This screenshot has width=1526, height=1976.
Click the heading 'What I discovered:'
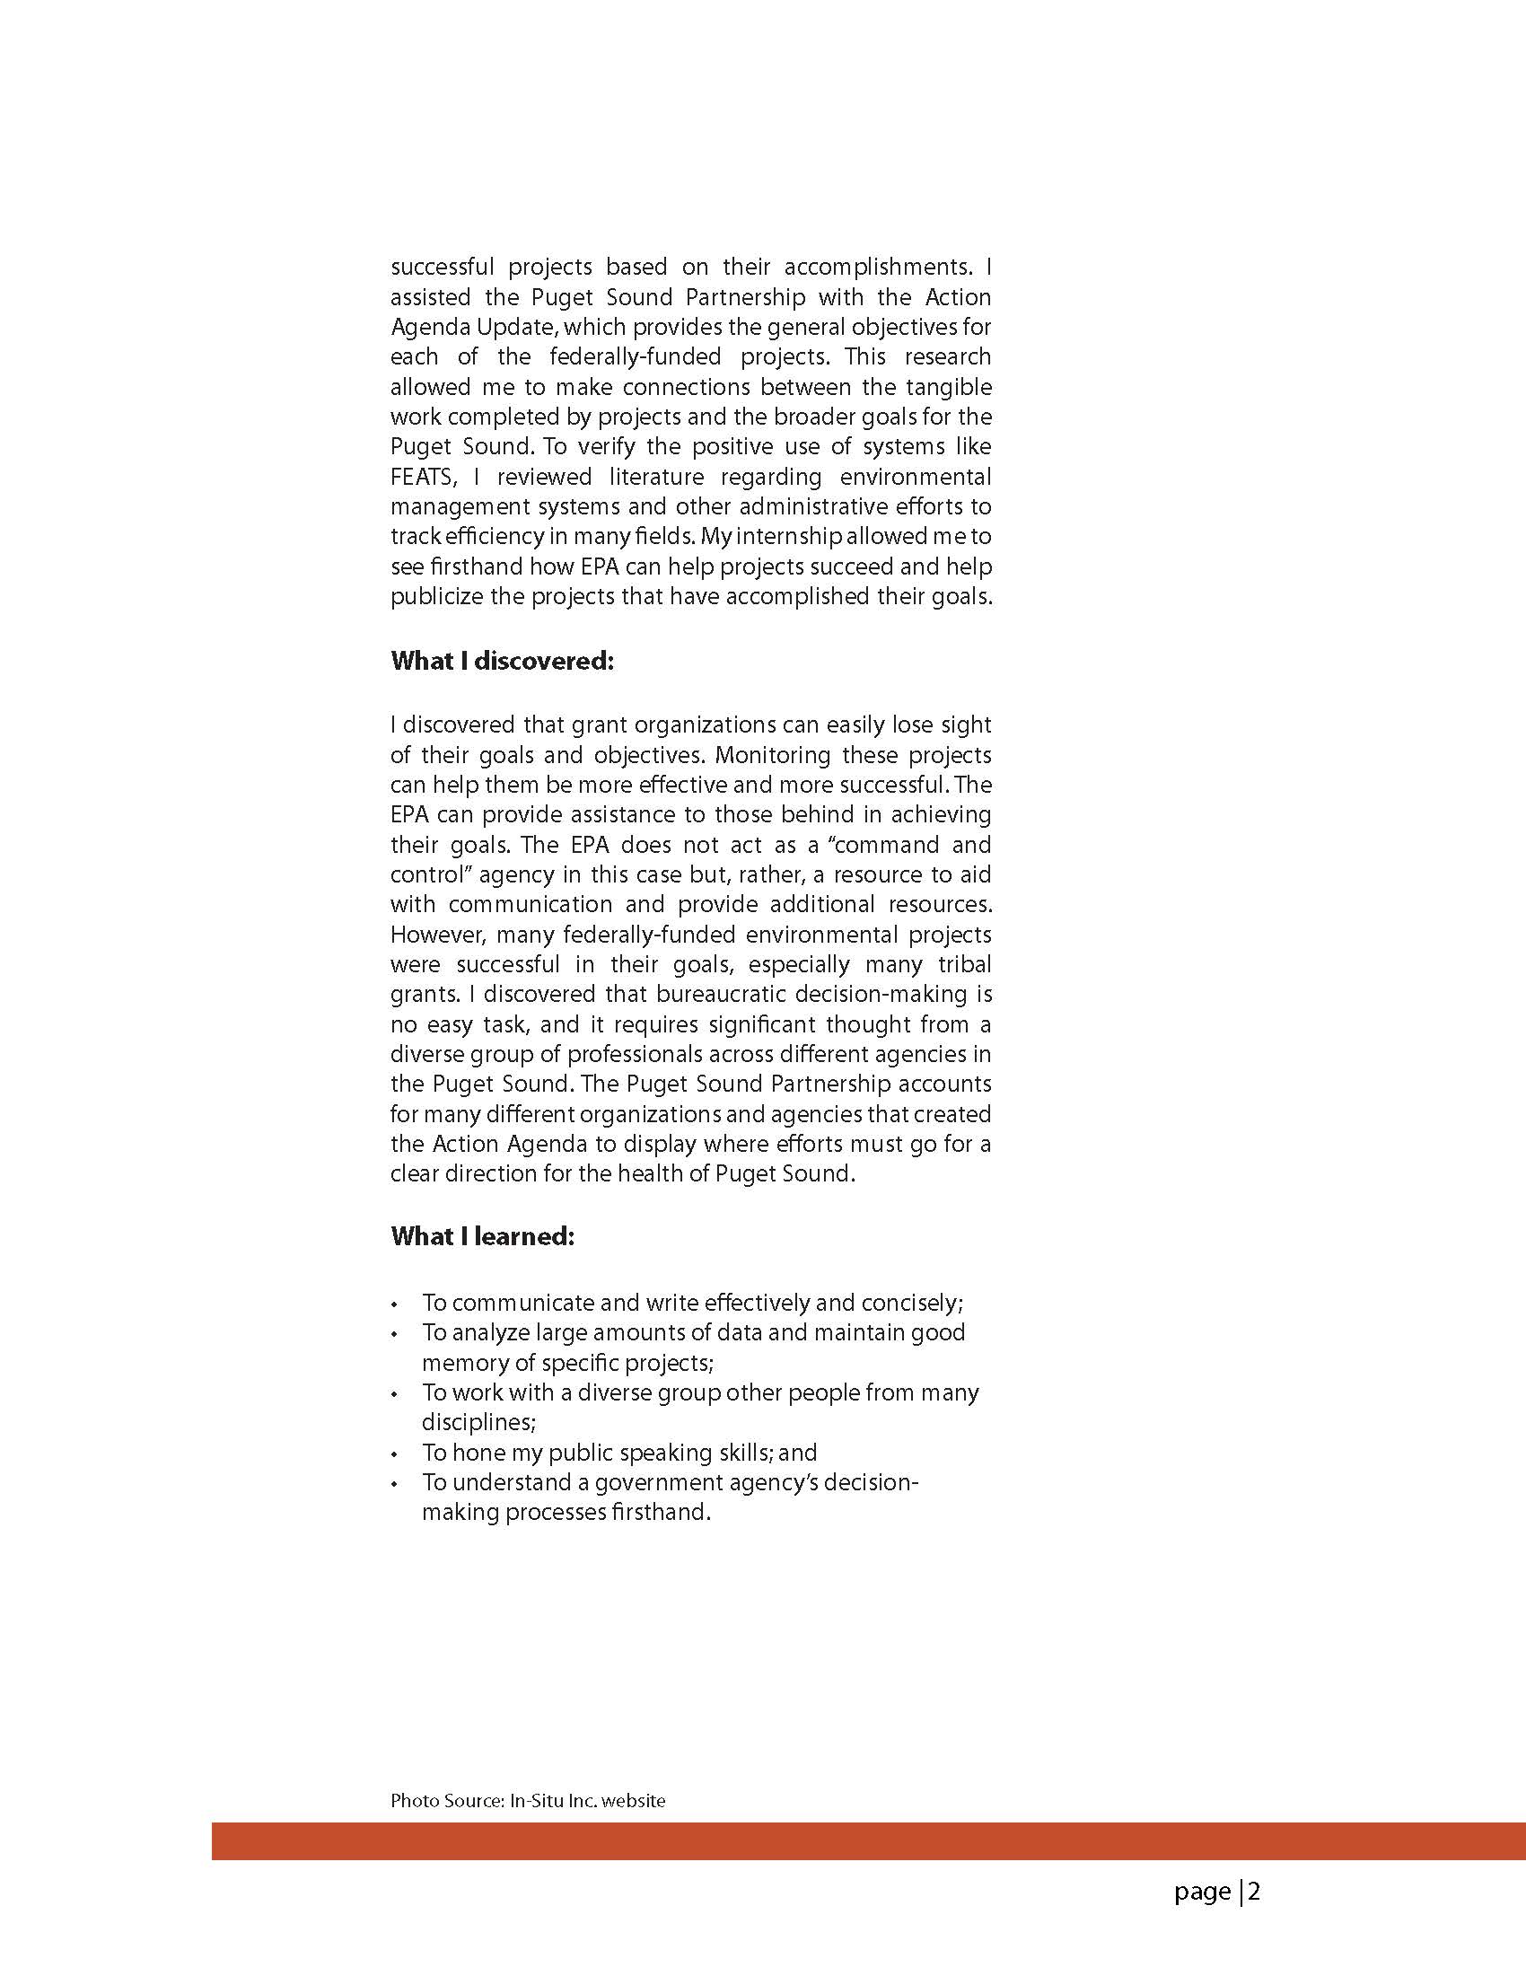click(x=502, y=662)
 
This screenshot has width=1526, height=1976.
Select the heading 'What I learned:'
click(x=482, y=1236)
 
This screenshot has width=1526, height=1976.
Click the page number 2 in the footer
click(x=1255, y=1891)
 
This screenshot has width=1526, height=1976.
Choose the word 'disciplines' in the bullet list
click(x=478, y=1422)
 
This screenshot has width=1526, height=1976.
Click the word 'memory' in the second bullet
click(x=462, y=1363)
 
